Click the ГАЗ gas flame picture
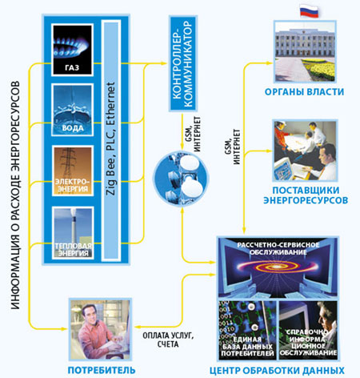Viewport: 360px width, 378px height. pos(72,50)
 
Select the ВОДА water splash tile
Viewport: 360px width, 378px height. pos(72,110)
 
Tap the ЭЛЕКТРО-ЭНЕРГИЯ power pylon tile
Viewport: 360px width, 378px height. pos(72,171)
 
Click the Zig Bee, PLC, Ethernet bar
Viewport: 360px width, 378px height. pos(110,139)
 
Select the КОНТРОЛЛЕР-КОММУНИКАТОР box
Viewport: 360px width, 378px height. pos(183,64)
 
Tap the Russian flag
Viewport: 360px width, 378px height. pos(309,11)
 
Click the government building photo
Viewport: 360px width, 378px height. pos(305,52)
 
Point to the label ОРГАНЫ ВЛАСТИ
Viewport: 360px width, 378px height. pos(304,92)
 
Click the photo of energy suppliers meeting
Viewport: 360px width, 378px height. pos(305,151)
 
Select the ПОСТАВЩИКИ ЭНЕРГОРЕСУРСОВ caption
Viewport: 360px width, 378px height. pos(306,195)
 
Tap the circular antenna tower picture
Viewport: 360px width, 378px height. pos(181,179)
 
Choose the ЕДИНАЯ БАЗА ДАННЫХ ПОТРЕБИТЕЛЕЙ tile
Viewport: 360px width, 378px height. pos(247,330)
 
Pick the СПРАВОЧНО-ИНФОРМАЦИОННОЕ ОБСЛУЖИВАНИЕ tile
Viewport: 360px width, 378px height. pos(308,330)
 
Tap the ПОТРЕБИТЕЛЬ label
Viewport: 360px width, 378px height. pos(102,370)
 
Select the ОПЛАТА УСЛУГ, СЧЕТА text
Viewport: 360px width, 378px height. pos(168,340)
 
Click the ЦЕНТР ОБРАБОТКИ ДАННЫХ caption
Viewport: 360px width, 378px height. pos(277,371)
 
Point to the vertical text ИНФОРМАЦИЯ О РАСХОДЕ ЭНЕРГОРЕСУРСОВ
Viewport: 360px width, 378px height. pos(15,195)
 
